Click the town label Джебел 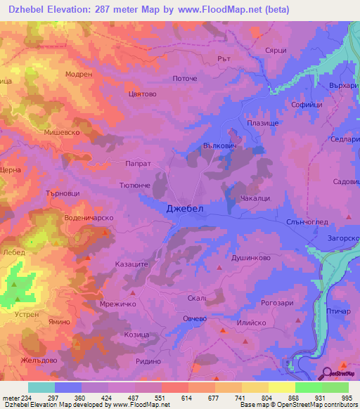[186, 208]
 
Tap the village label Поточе [184, 79]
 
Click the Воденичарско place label [89, 218]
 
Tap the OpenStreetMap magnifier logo [327, 374]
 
